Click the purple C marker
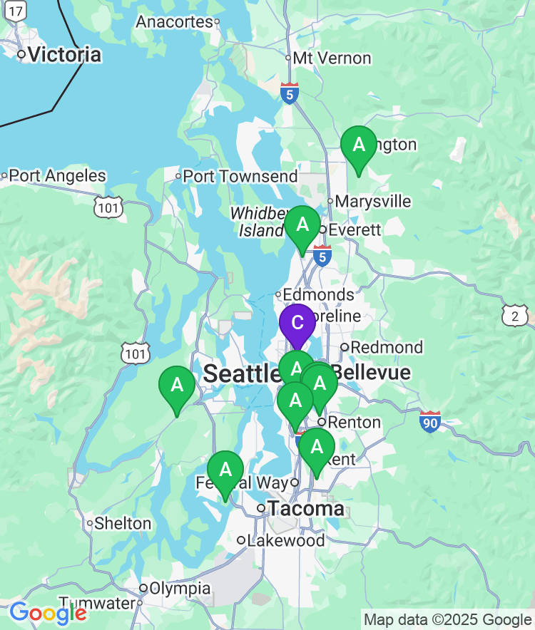click(x=297, y=323)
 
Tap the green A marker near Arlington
click(x=359, y=146)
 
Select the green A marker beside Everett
click(x=302, y=226)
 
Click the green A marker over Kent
click(x=317, y=448)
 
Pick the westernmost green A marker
click(x=177, y=386)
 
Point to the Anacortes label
click(x=175, y=22)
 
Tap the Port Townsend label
click(x=240, y=176)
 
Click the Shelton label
click(x=123, y=524)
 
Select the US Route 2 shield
click(x=515, y=316)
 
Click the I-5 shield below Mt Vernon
click(x=289, y=93)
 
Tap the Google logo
click(x=48, y=613)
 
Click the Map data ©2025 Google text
click(x=447, y=619)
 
